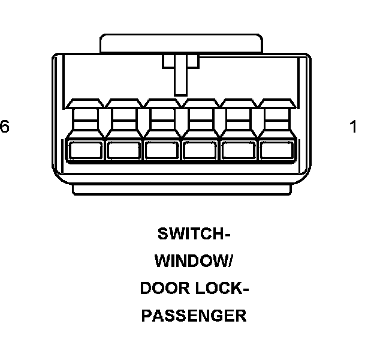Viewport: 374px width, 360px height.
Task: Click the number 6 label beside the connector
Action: point(5,127)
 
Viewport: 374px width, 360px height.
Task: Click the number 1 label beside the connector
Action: point(354,127)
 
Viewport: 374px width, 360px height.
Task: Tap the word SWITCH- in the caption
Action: point(194,233)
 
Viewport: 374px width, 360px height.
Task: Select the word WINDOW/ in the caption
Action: point(194,261)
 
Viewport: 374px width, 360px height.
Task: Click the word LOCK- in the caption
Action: point(222,289)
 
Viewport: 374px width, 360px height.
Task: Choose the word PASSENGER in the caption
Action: point(194,316)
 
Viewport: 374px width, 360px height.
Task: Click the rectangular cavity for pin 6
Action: point(86,150)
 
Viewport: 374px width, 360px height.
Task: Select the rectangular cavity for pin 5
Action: point(123,150)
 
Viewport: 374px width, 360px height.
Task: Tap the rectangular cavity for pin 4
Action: point(162,150)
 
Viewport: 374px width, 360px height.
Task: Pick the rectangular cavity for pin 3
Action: point(200,150)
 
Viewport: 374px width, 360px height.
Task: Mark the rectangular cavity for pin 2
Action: point(238,150)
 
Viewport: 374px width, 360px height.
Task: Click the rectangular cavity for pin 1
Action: point(276,150)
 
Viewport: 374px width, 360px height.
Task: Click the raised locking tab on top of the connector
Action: point(181,43)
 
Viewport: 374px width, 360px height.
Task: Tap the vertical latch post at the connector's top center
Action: point(180,75)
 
